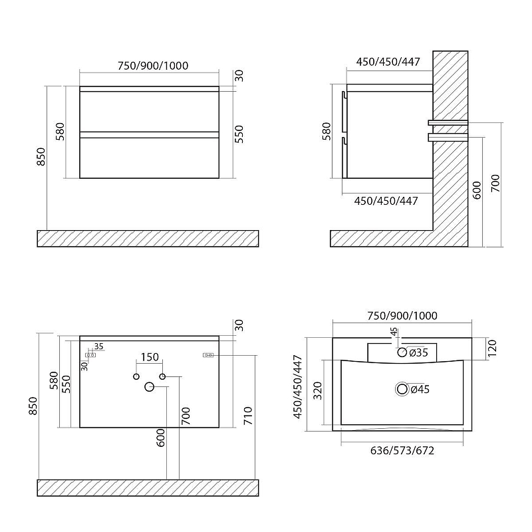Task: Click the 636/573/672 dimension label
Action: coord(402,451)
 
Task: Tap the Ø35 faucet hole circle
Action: coord(402,352)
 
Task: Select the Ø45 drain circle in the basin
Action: coord(402,389)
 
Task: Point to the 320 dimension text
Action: coord(318,390)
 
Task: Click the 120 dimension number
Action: coord(492,348)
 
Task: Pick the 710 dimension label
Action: coord(248,416)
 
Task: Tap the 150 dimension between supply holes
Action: coord(150,357)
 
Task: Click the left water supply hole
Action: coord(136,376)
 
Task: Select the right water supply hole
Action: coord(162,376)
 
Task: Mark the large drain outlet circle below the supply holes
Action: coord(150,386)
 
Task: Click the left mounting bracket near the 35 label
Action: coord(90,355)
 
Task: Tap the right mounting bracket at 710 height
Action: coord(208,355)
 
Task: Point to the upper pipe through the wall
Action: coord(448,122)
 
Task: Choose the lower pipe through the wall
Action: coord(448,137)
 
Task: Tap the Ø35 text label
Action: coord(418,353)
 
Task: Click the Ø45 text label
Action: coord(420,389)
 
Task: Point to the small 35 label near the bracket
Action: coord(98,346)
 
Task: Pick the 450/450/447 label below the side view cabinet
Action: coord(386,201)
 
